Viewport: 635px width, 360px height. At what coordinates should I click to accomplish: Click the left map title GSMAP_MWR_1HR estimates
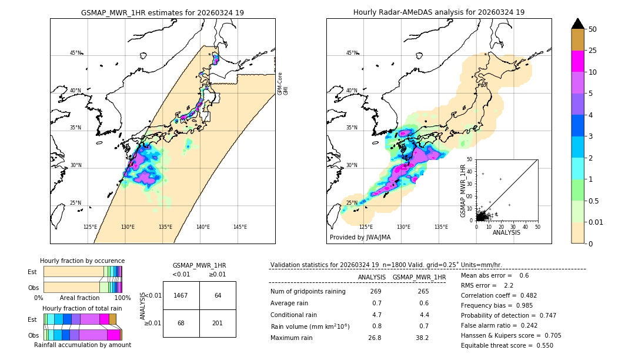162,12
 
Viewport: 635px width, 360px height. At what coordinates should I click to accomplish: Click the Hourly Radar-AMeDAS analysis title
439,12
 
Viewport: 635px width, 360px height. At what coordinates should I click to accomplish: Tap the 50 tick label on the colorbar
593,29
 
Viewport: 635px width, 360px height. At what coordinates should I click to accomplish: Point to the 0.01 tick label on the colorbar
596,222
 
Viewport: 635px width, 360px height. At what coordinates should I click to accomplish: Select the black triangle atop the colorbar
578,24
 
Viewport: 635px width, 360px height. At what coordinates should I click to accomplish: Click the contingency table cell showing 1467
181,295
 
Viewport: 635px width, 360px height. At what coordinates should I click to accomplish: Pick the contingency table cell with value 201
218,323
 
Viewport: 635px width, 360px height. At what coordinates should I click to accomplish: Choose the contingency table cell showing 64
218,295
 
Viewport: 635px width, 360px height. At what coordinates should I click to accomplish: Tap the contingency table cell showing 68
181,323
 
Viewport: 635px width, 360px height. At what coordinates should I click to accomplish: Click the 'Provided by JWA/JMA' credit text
360,238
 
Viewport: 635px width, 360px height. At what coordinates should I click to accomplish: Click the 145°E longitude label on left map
240,227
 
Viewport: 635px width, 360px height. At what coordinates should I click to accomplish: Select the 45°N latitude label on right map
352,53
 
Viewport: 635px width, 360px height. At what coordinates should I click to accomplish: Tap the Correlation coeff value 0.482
539,295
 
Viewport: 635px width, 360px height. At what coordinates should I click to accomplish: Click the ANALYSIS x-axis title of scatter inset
506,232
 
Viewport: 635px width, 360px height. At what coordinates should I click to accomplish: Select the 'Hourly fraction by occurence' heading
82,261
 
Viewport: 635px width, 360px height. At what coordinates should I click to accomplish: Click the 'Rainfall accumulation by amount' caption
82,345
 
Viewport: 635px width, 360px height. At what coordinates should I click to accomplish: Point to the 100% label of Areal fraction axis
122,298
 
